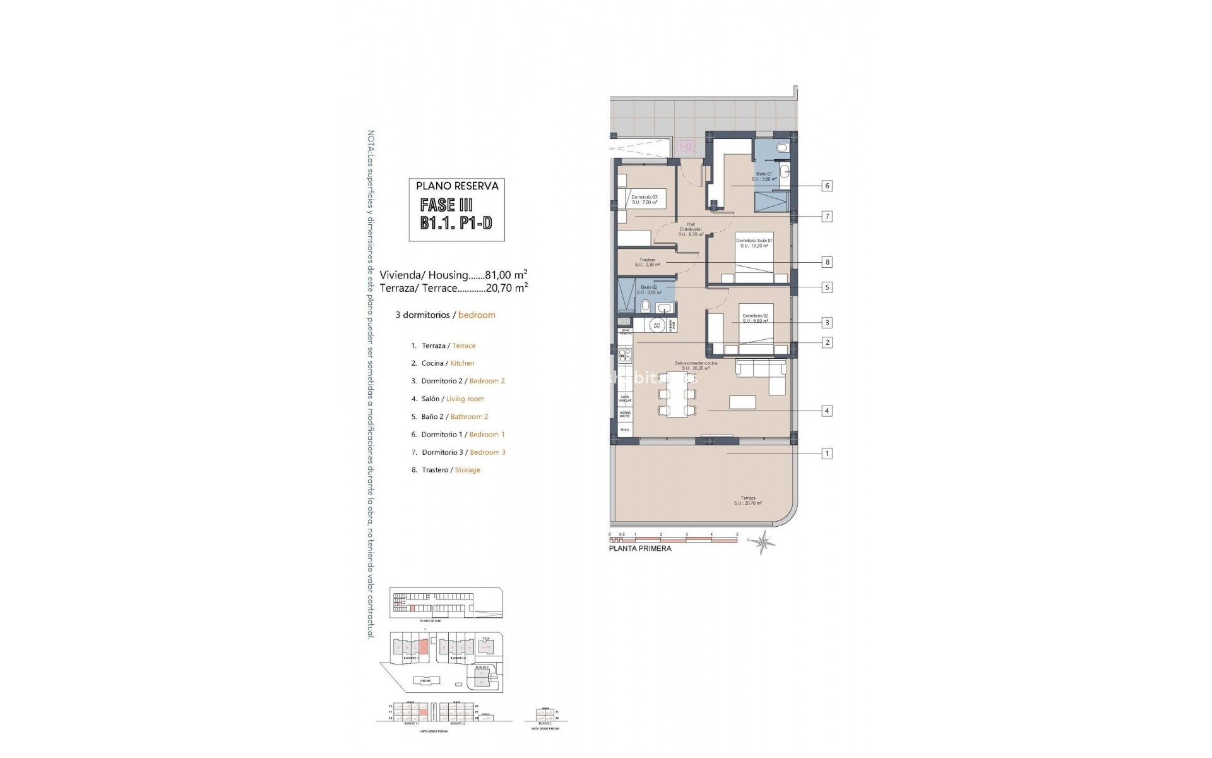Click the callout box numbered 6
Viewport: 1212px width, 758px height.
coord(826,186)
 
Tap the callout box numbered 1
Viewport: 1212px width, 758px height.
coord(826,454)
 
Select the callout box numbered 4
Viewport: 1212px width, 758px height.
coord(826,411)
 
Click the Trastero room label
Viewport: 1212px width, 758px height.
coord(648,262)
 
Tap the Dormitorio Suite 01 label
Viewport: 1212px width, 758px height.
coord(754,243)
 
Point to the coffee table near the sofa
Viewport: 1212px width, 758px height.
coord(742,402)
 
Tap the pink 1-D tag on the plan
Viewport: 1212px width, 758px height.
coord(685,147)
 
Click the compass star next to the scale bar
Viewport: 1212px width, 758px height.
coord(765,542)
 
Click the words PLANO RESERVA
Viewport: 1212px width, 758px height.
coord(457,186)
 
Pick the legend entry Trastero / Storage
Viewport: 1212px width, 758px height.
coord(451,470)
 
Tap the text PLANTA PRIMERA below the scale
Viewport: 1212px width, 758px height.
coord(640,548)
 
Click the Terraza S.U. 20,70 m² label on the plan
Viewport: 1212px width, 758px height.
coord(748,500)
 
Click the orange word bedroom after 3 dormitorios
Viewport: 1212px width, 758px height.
coord(477,315)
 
